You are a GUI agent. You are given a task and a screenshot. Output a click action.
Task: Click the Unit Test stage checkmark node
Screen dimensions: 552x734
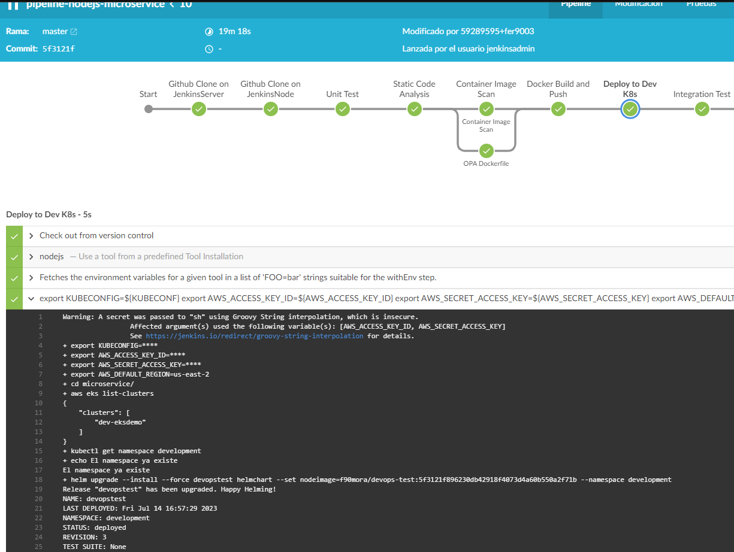coord(343,109)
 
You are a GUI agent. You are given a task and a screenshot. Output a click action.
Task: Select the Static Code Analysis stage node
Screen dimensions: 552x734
coord(415,109)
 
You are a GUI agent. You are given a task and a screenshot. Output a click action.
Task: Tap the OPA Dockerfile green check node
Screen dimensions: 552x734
coord(487,150)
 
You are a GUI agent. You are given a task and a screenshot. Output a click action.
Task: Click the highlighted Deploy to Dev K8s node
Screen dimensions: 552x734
coord(630,109)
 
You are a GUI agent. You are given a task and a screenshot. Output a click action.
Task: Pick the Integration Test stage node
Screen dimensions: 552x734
coord(702,109)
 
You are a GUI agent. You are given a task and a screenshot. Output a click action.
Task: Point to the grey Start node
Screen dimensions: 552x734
coord(149,109)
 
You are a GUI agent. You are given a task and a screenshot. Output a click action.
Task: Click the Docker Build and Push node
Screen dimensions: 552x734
coord(558,109)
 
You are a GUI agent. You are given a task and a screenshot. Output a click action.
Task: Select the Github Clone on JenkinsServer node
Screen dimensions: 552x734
coord(199,109)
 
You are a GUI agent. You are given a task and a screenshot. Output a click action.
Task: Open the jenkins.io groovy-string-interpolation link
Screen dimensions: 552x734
coord(254,336)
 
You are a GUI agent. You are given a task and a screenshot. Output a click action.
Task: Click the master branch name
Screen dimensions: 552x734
coord(55,31)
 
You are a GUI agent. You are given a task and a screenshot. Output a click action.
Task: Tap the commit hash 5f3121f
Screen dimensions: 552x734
coord(59,49)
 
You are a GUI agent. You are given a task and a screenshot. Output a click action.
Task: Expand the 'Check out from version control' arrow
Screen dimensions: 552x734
coord(31,236)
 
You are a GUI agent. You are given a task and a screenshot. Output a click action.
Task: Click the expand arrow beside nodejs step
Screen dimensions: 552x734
coord(31,257)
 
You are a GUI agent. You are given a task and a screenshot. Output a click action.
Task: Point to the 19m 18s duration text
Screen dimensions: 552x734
coord(234,31)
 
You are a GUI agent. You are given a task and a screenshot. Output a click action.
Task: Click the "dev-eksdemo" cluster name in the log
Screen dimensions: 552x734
coord(120,422)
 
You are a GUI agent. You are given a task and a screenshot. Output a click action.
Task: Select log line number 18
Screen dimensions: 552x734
coord(39,480)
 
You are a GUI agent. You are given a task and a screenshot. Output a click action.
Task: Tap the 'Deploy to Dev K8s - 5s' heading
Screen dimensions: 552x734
coord(49,214)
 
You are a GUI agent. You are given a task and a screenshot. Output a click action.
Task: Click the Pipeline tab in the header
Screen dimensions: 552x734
coord(575,5)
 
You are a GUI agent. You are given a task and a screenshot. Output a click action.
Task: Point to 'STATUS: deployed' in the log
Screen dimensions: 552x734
coord(94,527)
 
